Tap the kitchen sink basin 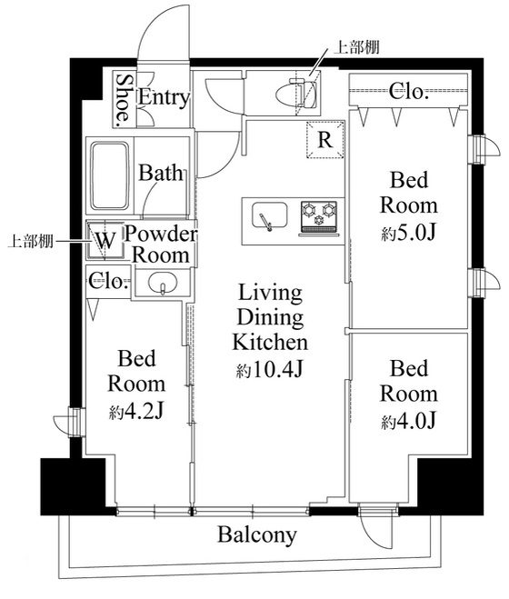[x=269, y=215]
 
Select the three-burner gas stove [x=319, y=217]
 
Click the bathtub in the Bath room [x=110, y=175]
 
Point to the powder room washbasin [x=164, y=283]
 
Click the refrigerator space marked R [x=325, y=140]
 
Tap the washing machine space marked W [x=105, y=240]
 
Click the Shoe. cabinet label [x=124, y=100]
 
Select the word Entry [x=164, y=98]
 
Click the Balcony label [x=257, y=534]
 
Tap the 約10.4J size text [x=270, y=369]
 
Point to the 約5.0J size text [x=408, y=233]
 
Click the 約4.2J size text [x=136, y=411]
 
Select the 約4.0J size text [x=408, y=421]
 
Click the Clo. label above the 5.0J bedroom [x=408, y=92]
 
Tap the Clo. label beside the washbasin [x=108, y=282]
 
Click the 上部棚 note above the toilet [x=356, y=47]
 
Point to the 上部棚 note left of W [x=30, y=242]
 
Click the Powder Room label [x=161, y=245]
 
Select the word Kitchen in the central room [x=270, y=342]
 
